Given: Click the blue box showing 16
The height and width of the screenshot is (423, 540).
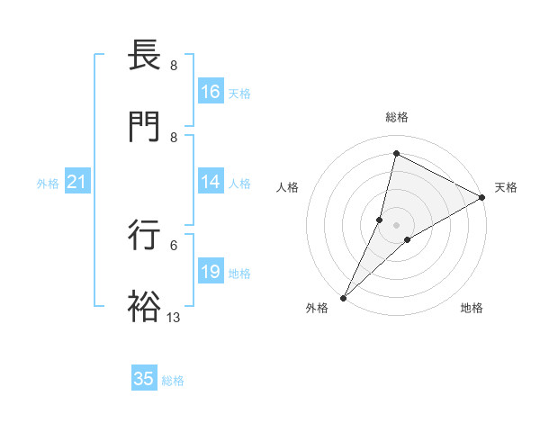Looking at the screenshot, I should pyautogui.click(x=211, y=92).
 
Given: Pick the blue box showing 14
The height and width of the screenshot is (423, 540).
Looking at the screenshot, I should pyautogui.click(x=211, y=182).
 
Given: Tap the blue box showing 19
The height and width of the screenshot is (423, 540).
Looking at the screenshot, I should pyautogui.click(x=211, y=272).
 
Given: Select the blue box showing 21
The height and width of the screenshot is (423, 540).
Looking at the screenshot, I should pyautogui.click(x=77, y=182).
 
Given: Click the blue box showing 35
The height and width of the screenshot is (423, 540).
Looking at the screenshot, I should pyautogui.click(x=144, y=379).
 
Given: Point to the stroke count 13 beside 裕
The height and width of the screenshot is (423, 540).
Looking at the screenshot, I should pyautogui.click(x=174, y=318).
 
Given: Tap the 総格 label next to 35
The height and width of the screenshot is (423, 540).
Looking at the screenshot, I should pyautogui.click(x=173, y=381).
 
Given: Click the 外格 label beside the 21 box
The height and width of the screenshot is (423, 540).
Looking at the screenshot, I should pyautogui.click(x=48, y=184).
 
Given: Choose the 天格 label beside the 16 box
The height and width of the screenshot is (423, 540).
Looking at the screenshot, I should pyautogui.click(x=239, y=94).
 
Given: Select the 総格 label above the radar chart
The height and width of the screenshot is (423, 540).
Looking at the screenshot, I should pyautogui.click(x=397, y=117).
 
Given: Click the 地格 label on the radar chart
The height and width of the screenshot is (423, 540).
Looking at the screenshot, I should pyautogui.click(x=472, y=309).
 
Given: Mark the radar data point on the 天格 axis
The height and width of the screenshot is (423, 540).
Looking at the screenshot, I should pyautogui.click(x=482, y=197).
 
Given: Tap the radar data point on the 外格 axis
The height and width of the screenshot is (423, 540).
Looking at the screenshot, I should pyautogui.click(x=344, y=297).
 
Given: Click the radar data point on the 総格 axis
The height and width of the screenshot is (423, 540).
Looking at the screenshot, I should pyautogui.click(x=396, y=153).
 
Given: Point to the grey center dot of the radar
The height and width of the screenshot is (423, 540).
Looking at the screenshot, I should pyautogui.click(x=397, y=225).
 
